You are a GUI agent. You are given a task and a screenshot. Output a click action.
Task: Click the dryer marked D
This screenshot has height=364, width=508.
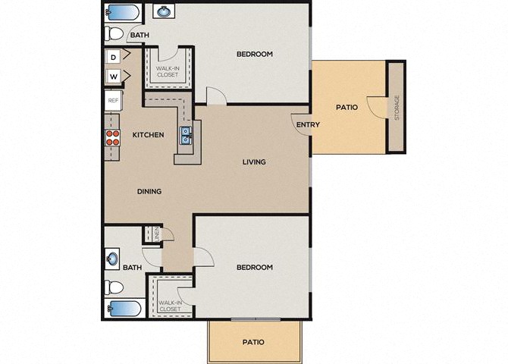[x=113, y=57]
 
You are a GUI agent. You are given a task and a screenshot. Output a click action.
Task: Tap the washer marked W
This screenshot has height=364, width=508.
[x=113, y=77]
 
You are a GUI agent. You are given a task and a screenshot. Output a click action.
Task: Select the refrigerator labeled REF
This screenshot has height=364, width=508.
[x=113, y=101]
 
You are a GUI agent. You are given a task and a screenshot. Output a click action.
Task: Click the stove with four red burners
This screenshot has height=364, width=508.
[x=113, y=138]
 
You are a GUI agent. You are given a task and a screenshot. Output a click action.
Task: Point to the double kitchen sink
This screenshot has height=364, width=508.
[x=186, y=136]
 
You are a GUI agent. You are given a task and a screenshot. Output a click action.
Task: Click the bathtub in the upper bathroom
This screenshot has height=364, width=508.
[x=123, y=12]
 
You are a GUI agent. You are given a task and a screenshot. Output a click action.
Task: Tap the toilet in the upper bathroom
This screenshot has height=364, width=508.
[x=114, y=33]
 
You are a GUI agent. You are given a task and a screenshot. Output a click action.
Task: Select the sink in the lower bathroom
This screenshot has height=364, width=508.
[x=112, y=259]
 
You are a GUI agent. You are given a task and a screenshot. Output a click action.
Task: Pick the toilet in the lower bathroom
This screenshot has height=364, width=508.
[x=114, y=287]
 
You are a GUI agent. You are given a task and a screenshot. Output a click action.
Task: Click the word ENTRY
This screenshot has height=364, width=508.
[x=308, y=124]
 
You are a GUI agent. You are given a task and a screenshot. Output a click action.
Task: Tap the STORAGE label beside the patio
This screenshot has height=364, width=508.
[x=397, y=108]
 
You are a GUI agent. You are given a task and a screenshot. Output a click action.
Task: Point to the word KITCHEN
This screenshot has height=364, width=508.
[x=148, y=134]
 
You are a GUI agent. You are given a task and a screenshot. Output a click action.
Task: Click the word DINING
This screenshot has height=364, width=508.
[x=149, y=191]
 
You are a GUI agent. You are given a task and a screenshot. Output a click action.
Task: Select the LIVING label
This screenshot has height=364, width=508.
[x=254, y=162]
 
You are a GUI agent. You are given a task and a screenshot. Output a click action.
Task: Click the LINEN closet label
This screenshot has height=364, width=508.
[x=157, y=234]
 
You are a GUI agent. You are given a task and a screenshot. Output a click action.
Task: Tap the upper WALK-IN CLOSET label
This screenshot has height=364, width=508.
[x=168, y=71]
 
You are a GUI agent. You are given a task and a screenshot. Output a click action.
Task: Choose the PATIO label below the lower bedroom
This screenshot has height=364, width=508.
[x=253, y=342]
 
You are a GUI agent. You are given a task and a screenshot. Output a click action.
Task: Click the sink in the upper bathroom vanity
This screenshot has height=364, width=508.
[x=164, y=11]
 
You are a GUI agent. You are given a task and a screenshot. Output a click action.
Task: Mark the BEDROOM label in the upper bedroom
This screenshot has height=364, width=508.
[x=255, y=54]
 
